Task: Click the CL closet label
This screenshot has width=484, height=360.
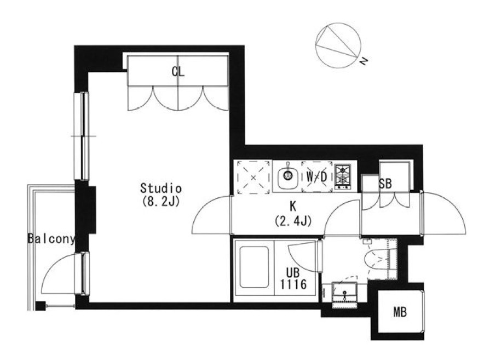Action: (178, 72)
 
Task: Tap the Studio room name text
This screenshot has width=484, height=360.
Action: (161, 188)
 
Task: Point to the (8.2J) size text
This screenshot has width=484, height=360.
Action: (161, 202)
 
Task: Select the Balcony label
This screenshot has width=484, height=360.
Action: (51, 238)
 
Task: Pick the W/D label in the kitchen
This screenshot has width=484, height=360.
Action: (316, 177)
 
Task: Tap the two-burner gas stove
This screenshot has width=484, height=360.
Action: (343, 177)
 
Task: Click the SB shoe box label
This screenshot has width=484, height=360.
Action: (385, 184)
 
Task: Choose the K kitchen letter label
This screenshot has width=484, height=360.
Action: (292, 206)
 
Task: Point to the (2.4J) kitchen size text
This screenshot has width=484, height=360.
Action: (292, 221)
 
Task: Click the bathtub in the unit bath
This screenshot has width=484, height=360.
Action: (254, 267)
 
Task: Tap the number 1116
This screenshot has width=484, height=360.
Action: (293, 284)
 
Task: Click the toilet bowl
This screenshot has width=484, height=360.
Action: (376, 260)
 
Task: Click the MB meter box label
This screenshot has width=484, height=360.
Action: (400, 312)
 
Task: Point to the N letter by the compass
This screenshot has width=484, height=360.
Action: (365, 61)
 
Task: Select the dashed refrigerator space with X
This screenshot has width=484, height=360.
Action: (253, 178)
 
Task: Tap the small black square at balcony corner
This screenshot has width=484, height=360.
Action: (41, 306)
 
